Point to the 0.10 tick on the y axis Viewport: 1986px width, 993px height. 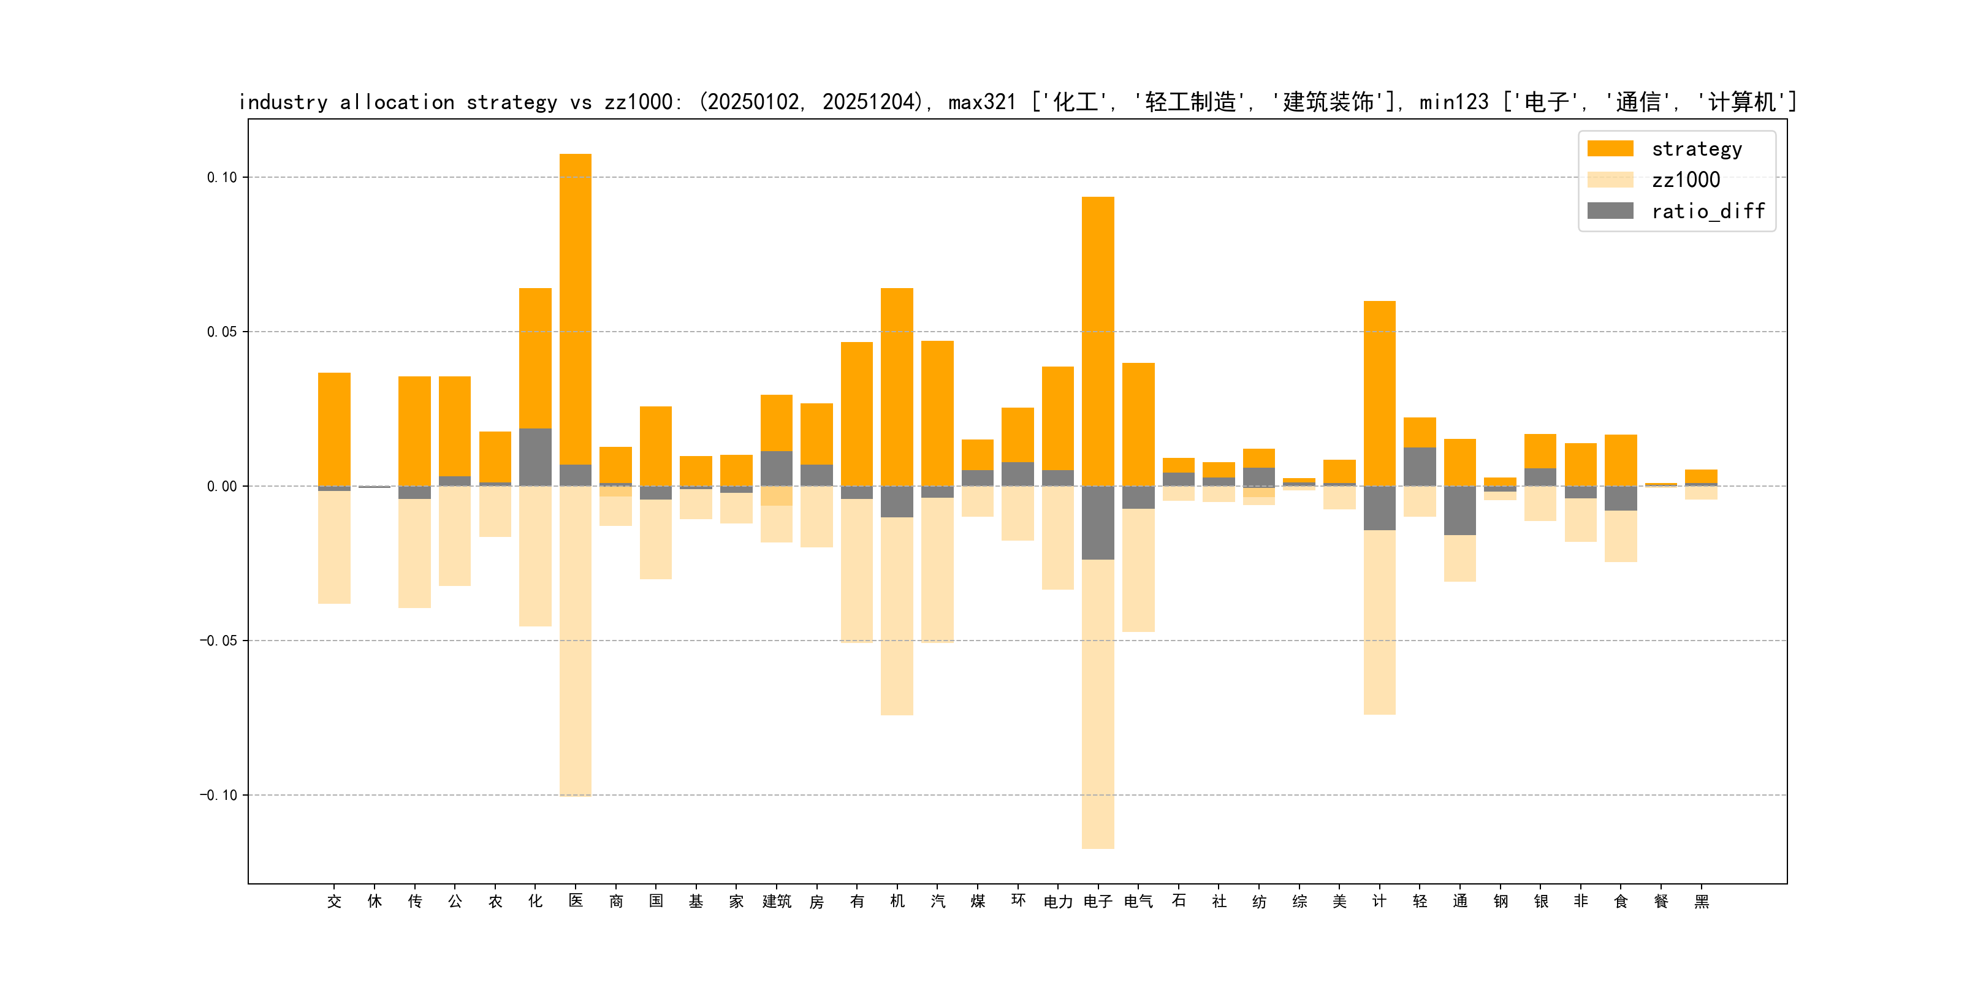coord(222,177)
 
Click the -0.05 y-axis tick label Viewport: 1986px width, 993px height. coord(219,641)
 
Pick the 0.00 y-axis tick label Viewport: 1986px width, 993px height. coord(222,487)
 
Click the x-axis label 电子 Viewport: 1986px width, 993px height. coord(1098,901)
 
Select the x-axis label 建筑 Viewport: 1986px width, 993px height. coord(777,901)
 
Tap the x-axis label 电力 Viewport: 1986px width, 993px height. coord(1058,901)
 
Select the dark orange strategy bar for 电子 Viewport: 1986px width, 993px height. coord(1098,339)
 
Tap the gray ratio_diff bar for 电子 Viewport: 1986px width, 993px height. coord(1098,523)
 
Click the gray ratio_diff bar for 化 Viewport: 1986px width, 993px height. coord(535,457)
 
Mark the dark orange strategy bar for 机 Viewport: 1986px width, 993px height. coord(897,386)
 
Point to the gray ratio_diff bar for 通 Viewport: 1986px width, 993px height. coord(1459,511)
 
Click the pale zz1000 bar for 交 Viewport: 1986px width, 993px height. coord(334,547)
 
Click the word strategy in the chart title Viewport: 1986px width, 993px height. coord(511,102)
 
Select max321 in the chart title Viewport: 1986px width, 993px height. coord(981,102)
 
